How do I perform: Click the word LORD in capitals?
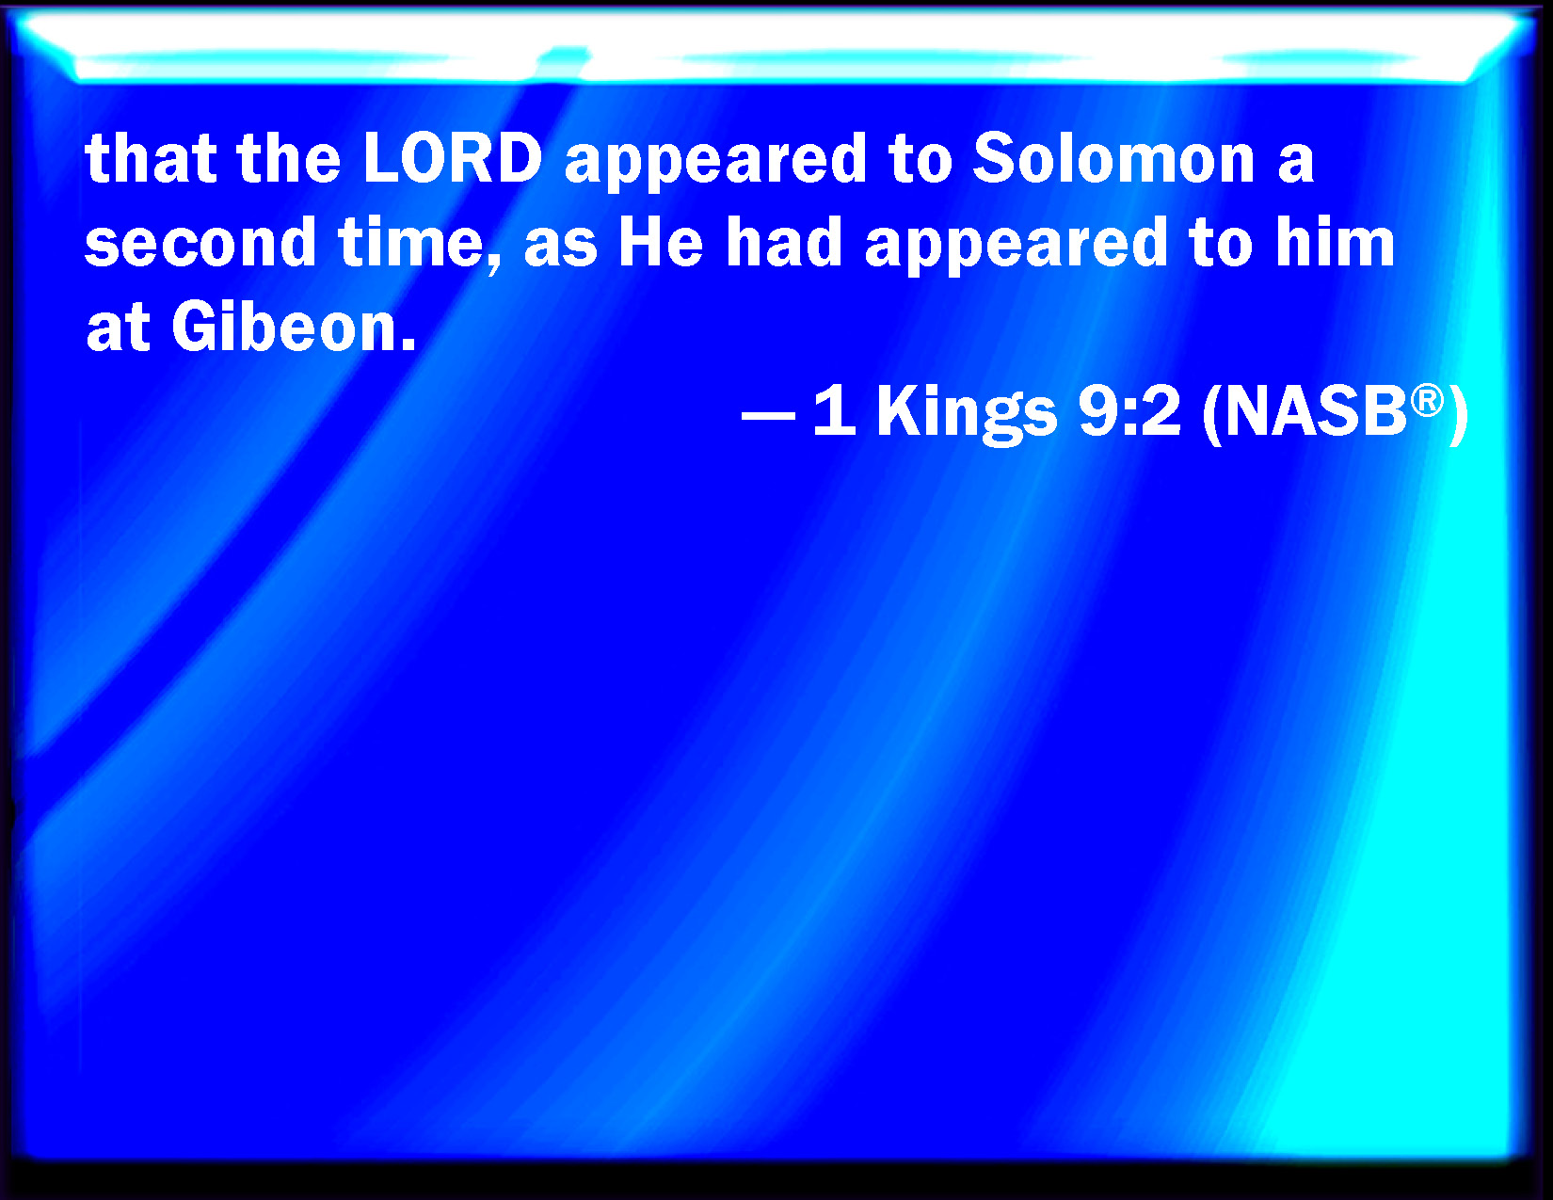(453, 158)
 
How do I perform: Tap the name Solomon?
(1113, 158)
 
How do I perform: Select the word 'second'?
(200, 242)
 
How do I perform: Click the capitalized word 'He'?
(661, 242)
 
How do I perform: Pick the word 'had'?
(784, 242)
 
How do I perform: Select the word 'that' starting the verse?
(151, 158)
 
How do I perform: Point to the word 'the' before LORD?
(290, 158)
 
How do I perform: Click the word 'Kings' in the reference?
(967, 412)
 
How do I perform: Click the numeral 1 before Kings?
(834, 411)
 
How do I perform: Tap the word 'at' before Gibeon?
(118, 328)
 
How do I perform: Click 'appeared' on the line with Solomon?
(715, 162)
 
